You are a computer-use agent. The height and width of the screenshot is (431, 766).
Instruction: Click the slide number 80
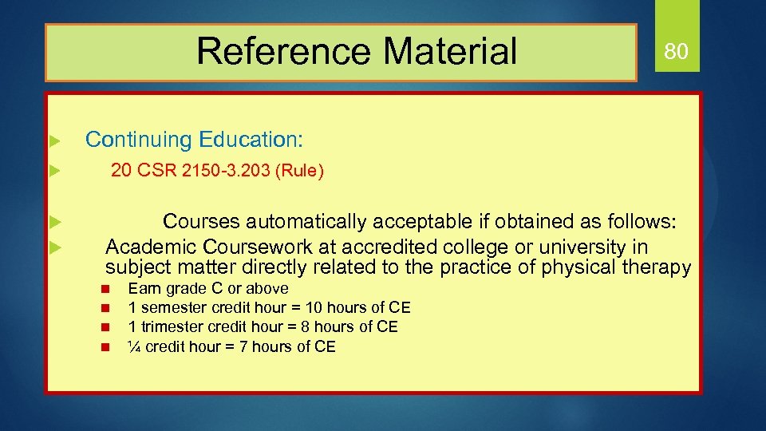pyautogui.click(x=677, y=52)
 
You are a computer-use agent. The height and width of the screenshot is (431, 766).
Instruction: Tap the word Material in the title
pyautogui.click(x=450, y=51)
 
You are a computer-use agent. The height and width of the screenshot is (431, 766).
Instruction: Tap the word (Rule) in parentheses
pyautogui.click(x=298, y=171)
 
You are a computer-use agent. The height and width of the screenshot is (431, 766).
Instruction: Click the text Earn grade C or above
pyautogui.click(x=208, y=288)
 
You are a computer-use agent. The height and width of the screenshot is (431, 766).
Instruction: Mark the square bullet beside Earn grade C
pyautogui.click(x=104, y=289)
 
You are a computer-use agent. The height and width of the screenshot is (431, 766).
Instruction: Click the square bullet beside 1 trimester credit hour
pyautogui.click(x=104, y=327)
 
